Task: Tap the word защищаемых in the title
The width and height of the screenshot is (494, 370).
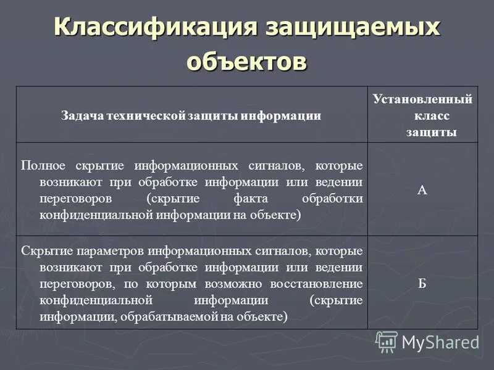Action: pyautogui.click(x=353, y=28)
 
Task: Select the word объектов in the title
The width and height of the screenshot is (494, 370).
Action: pyautogui.click(x=246, y=62)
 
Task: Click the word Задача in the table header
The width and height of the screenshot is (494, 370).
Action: pyautogui.click(x=82, y=115)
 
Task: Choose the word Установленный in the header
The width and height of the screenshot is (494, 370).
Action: pyautogui.click(x=422, y=99)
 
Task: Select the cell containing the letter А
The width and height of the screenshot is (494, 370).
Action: pyautogui.click(x=422, y=191)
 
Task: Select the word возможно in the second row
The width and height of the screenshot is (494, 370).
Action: pyautogui.click(x=240, y=284)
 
